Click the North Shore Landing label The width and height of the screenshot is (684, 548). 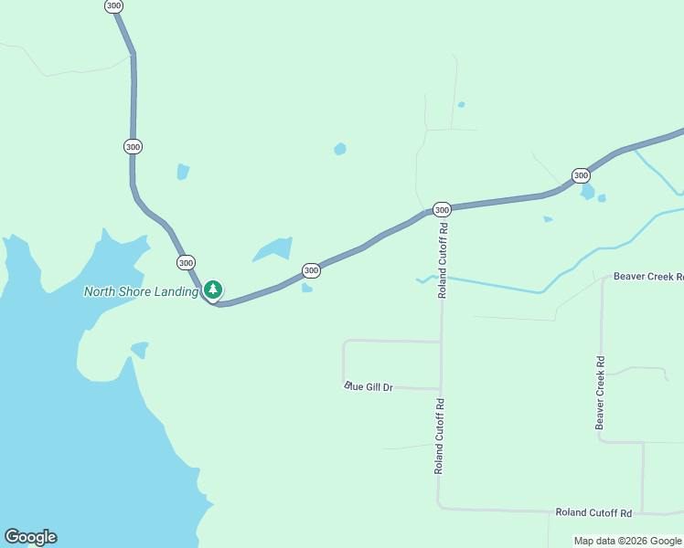click(x=141, y=292)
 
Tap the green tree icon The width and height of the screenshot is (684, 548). click(x=213, y=290)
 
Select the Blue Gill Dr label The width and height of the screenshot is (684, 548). click(x=369, y=387)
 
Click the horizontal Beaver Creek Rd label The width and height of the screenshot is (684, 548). click(x=648, y=276)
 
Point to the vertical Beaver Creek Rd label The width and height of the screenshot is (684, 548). click(x=601, y=392)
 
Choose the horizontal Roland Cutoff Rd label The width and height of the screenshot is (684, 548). click(x=594, y=513)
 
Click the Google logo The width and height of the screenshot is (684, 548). click(x=30, y=537)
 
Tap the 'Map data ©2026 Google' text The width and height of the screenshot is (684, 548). click(x=628, y=542)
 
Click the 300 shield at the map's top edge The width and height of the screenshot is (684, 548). click(x=113, y=5)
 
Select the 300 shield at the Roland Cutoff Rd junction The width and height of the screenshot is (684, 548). click(x=442, y=209)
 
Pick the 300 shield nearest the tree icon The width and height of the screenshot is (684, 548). click(x=187, y=262)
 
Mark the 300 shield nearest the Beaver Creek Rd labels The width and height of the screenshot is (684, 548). click(x=580, y=175)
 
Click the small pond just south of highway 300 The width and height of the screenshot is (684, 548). click(x=307, y=289)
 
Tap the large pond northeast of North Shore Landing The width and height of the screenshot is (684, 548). click(x=273, y=249)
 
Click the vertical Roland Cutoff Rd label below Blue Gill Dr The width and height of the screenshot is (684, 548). click(x=440, y=436)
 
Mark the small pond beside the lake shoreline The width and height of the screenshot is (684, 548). click(x=140, y=349)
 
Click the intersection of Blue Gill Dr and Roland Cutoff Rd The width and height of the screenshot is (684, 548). click(x=441, y=388)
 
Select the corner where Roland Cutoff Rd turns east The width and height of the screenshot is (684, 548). click(x=440, y=506)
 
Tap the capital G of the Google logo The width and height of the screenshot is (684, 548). click(x=11, y=537)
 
